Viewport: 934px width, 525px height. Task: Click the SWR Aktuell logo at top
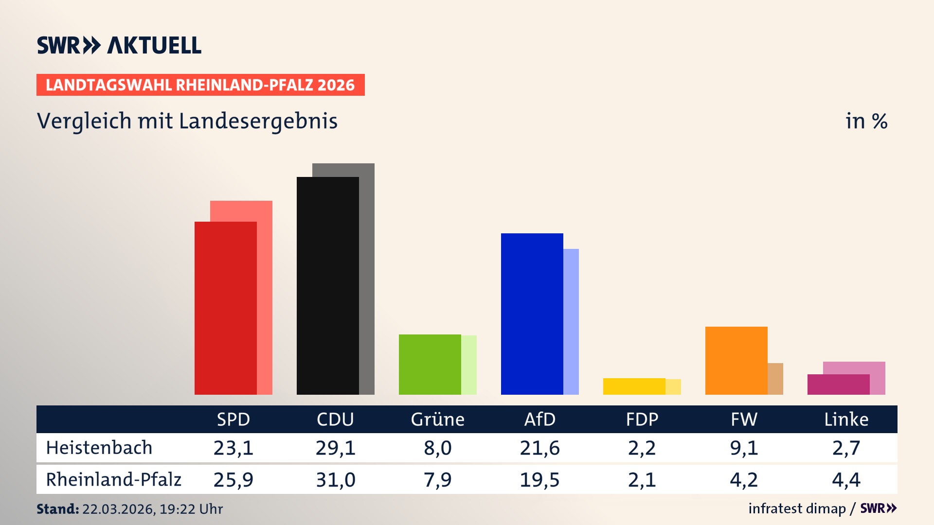click(x=119, y=45)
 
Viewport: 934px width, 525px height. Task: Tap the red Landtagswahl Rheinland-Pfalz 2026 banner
click(x=200, y=85)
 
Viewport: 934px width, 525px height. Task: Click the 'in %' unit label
click(x=866, y=122)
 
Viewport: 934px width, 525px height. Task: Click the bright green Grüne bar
click(x=430, y=364)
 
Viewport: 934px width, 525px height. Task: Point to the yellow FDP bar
click(x=634, y=386)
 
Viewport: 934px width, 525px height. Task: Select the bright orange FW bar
click(x=736, y=360)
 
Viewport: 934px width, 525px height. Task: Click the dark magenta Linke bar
click(x=838, y=385)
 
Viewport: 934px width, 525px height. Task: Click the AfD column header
click(x=539, y=419)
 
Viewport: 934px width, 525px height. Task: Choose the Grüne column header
click(x=437, y=419)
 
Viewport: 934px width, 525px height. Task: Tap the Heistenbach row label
click(x=99, y=448)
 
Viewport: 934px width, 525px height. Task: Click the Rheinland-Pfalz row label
click(x=113, y=479)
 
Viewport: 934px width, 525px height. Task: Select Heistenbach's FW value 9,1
click(x=744, y=448)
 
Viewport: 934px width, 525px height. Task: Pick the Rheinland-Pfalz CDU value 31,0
click(x=335, y=480)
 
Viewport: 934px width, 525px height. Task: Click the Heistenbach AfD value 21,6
click(x=539, y=448)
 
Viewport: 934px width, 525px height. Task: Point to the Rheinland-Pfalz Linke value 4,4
click(x=846, y=480)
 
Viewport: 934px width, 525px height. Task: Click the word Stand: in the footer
click(x=57, y=509)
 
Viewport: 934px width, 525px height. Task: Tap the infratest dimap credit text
click(x=797, y=508)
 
